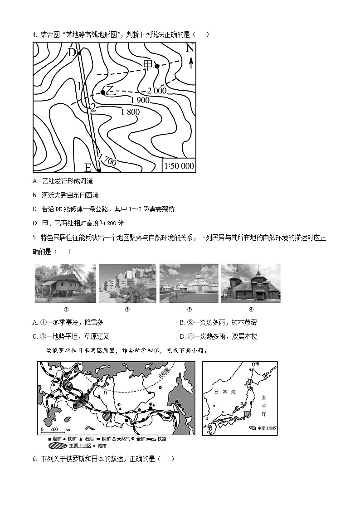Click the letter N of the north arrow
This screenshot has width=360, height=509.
pyautogui.click(x=190, y=49)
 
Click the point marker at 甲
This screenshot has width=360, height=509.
pyautogui.click(x=157, y=66)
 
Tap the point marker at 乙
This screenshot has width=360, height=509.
pyautogui.click(x=103, y=92)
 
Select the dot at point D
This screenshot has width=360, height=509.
pyautogui.click(x=79, y=53)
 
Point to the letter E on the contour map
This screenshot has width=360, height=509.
pyautogui.click(x=88, y=168)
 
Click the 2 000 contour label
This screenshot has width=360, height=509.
pyautogui.click(x=157, y=91)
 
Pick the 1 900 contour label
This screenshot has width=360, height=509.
pyautogui.click(x=140, y=100)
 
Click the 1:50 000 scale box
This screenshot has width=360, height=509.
pyautogui.click(x=179, y=166)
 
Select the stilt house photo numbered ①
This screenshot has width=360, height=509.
pyautogui.click(x=65, y=283)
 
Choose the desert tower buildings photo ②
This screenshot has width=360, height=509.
pyautogui.click(x=127, y=283)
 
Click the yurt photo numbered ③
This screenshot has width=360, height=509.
pyautogui.click(x=189, y=283)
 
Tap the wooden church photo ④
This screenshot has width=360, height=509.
pyautogui.click(x=251, y=283)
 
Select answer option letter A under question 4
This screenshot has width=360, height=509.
pyautogui.click(x=35, y=181)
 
